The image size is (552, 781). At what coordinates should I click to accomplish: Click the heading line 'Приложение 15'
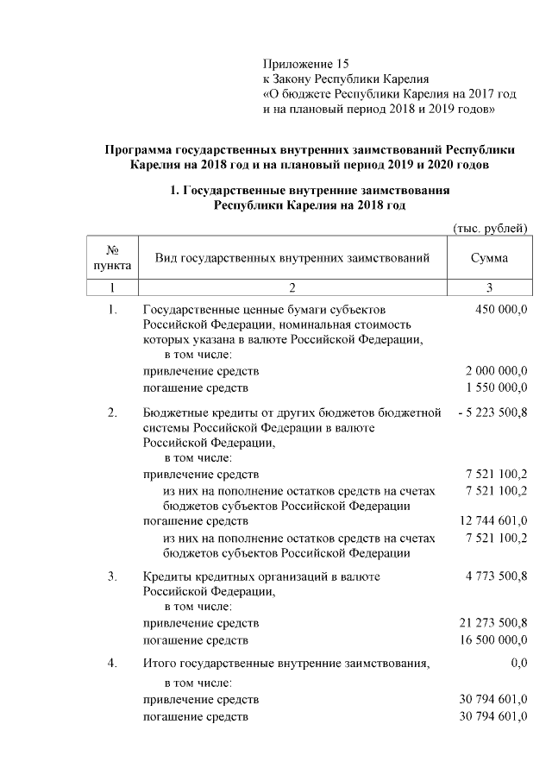pyautogui.click(x=307, y=64)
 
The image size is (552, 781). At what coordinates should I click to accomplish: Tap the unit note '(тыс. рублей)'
pyautogui.click(x=490, y=227)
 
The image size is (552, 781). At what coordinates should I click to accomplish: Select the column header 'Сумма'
pyautogui.click(x=489, y=258)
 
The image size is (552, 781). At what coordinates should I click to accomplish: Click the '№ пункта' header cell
pyautogui.click(x=112, y=258)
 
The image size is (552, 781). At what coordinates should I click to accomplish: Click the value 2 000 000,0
pyautogui.click(x=496, y=371)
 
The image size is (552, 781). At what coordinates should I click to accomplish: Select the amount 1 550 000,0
pyautogui.click(x=496, y=387)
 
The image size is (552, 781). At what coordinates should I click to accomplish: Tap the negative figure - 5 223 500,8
pyautogui.click(x=492, y=413)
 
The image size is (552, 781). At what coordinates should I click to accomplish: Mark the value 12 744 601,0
pyautogui.click(x=492, y=522)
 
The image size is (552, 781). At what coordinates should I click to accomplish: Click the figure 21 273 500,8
pyautogui.click(x=492, y=623)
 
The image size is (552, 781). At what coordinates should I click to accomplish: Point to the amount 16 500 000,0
pyautogui.click(x=492, y=639)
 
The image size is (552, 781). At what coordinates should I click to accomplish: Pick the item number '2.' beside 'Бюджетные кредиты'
pyautogui.click(x=112, y=413)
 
